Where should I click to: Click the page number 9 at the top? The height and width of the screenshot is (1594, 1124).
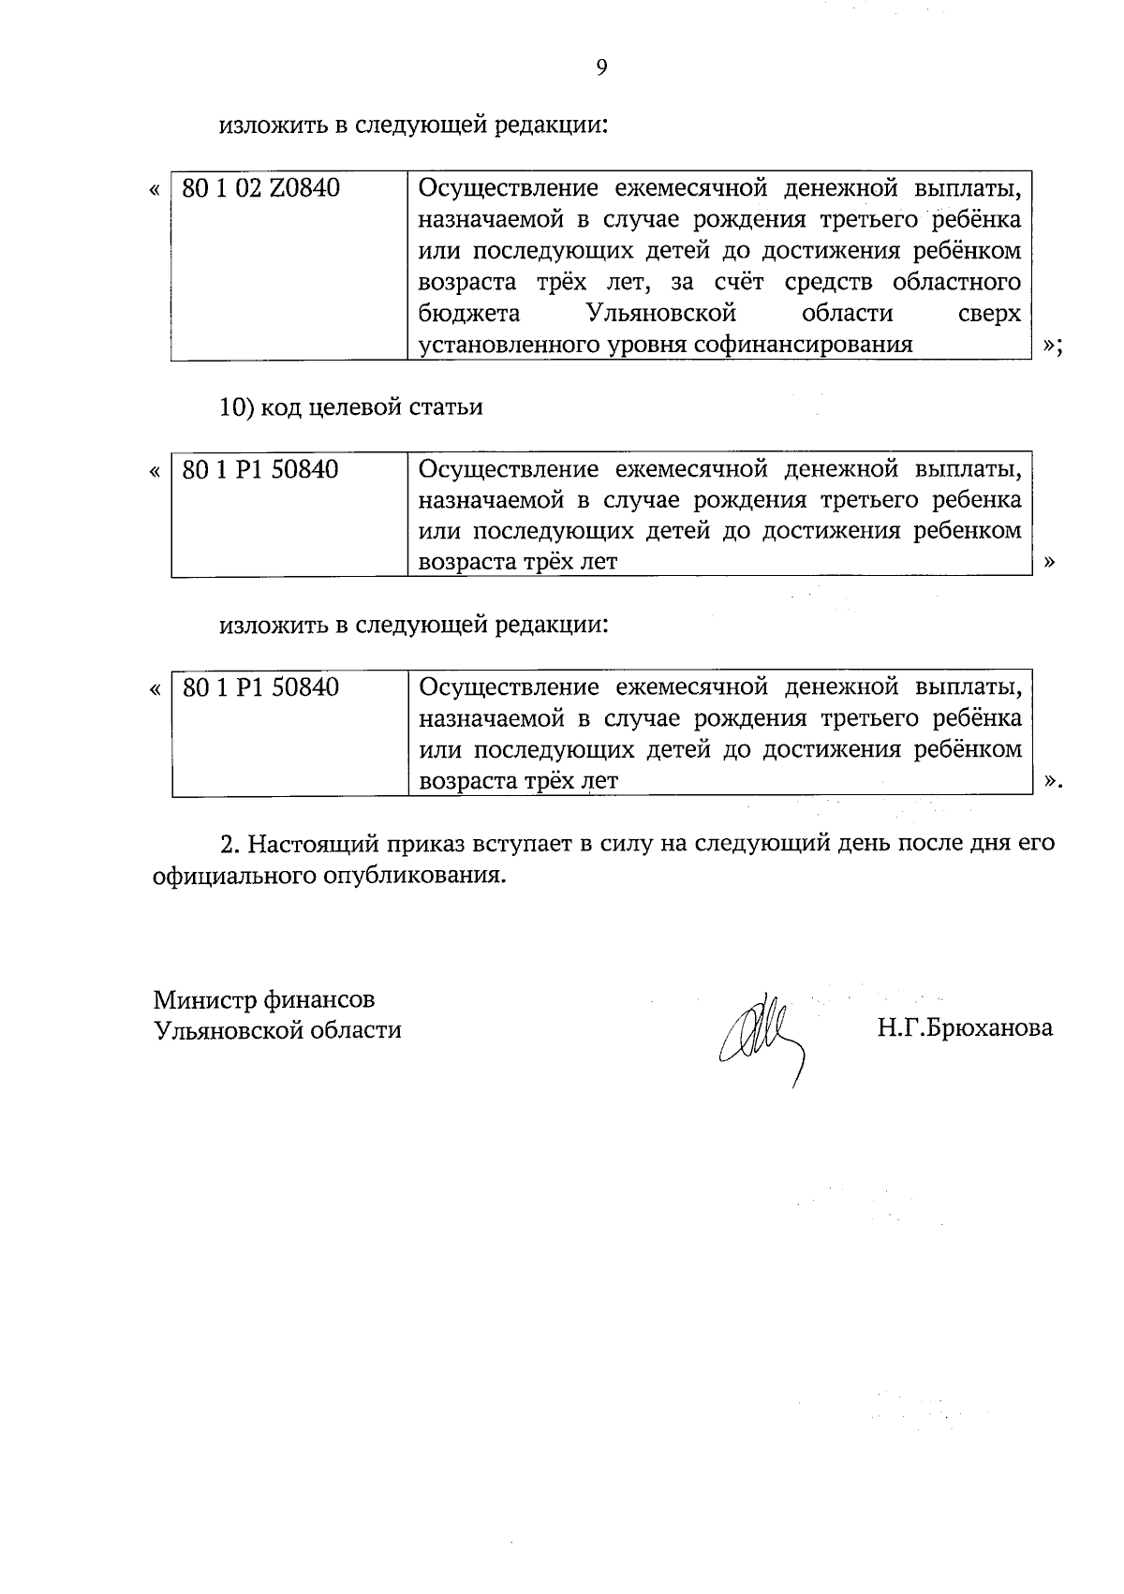click(x=600, y=66)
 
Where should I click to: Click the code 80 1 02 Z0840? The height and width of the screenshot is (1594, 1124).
click(x=260, y=189)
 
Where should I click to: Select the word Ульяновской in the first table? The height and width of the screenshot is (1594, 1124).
click(x=660, y=314)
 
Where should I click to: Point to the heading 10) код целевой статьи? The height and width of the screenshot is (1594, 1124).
click(x=351, y=407)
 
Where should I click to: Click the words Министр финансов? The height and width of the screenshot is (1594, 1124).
click(x=265, y=999)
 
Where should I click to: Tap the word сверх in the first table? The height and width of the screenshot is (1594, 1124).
click(x=990, y=314)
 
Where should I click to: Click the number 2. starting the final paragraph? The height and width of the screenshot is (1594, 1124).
click(x=230, y=843)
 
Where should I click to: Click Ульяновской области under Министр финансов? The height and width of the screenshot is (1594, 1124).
click(x=277, y=1030)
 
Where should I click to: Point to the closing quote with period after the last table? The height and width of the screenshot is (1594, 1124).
click(x=1054, y=782)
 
